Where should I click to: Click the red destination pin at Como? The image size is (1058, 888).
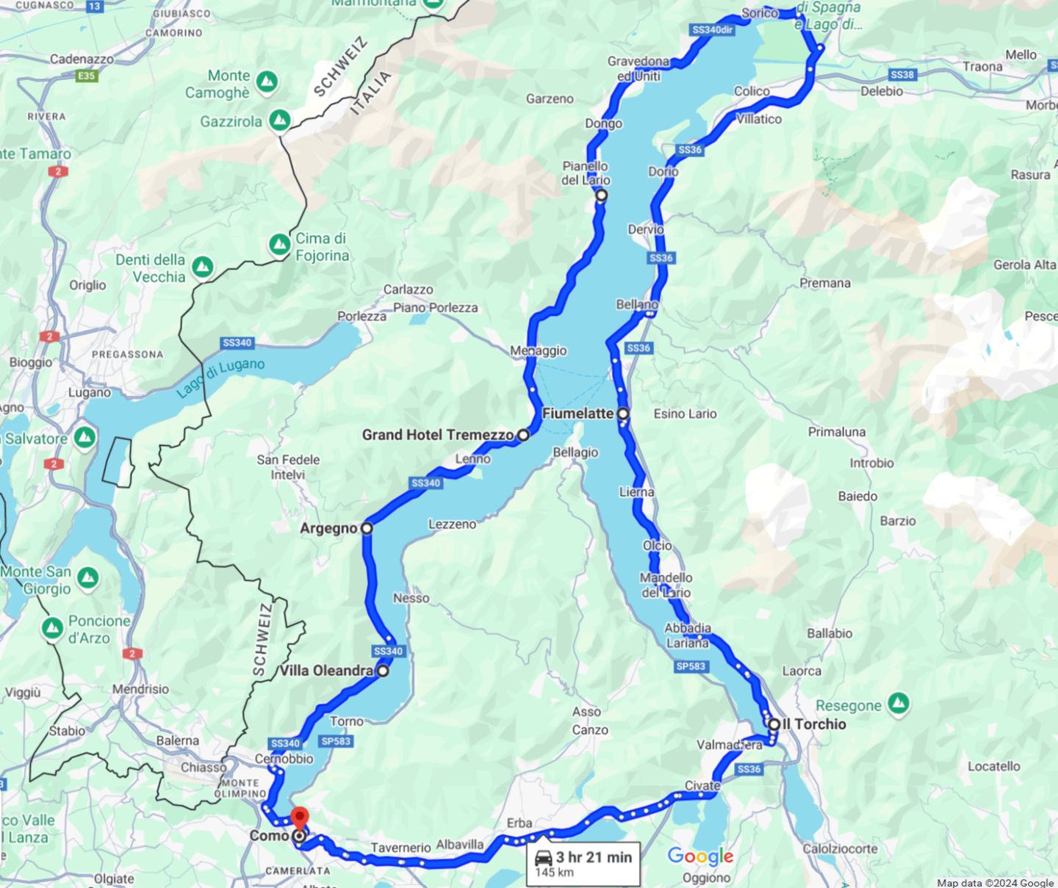(299, 817)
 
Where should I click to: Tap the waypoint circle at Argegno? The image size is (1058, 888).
(367, 528)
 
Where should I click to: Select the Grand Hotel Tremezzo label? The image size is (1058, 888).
(437, 435)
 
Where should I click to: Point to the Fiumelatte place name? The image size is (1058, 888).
(577, 414)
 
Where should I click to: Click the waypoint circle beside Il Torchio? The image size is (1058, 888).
(774, 724)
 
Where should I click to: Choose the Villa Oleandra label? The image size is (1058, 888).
(326, 671)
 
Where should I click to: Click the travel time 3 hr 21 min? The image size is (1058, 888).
(594, 857)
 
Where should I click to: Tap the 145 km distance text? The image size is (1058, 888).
(555, 873)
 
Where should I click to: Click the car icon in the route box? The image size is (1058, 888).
(544, 857)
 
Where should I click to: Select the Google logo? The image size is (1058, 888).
(700, 856)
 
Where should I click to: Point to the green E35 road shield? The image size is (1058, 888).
(87, 76)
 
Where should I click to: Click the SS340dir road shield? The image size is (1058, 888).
(713, 30)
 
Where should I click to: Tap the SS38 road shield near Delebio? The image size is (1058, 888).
(902, 75)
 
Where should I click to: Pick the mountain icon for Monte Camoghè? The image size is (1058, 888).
(267, 82)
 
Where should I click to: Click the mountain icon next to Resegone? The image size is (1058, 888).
(899, 703)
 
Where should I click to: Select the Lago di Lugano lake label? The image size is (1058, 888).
(220, 378)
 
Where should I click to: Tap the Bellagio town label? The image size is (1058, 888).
(575, 452)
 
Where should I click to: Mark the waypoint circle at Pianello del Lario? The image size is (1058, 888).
(601, 195)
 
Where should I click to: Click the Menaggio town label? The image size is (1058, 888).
(539, 351)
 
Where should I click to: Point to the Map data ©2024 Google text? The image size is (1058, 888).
(995, 883)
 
